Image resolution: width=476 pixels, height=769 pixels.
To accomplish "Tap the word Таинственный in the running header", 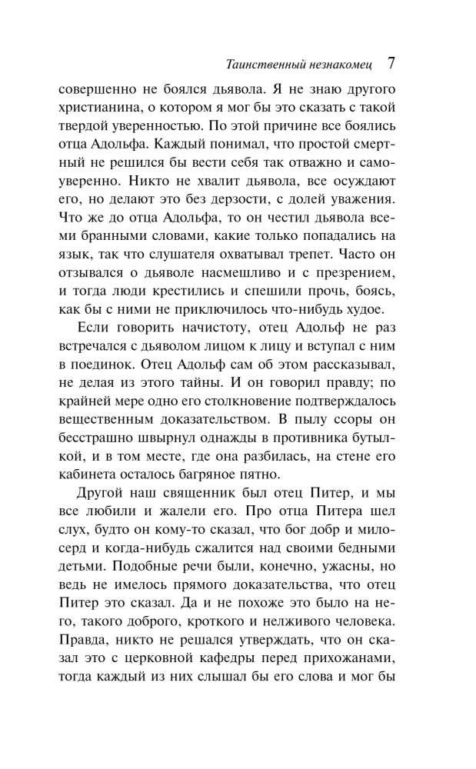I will point(258,63).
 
